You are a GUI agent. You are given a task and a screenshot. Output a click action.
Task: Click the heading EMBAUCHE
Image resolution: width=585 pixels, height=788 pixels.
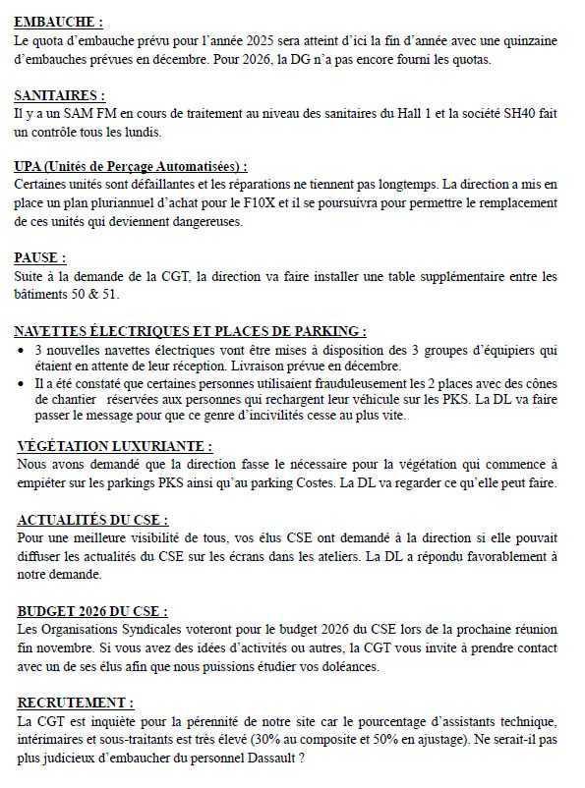coord(58,21)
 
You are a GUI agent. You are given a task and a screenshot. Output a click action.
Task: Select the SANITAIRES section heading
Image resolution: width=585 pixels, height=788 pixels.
coord(60,95)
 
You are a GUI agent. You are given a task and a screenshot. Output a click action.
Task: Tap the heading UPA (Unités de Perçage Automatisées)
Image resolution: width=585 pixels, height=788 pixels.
coord(131,167)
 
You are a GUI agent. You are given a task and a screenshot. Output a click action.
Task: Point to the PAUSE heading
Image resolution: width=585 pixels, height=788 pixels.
coord(40,257)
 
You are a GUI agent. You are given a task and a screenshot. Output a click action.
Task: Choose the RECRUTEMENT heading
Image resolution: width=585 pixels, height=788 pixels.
coord(75,703)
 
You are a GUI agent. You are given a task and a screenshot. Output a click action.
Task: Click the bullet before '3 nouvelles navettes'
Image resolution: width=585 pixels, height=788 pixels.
coord(22,349)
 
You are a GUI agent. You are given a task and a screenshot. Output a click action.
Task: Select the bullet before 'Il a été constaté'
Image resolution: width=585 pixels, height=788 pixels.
coord(22,384)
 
